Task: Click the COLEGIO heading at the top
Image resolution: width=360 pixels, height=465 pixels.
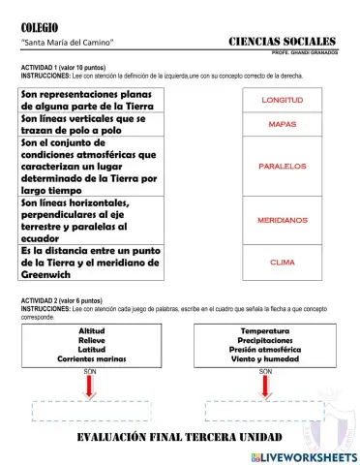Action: (40, 27)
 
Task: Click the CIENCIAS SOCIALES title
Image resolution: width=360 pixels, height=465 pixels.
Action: (283, 42)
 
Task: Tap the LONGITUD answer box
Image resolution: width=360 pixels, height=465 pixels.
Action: (283, 100)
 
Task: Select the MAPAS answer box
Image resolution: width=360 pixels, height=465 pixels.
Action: (283, 125)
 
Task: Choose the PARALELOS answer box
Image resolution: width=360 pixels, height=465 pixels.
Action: (283, 166)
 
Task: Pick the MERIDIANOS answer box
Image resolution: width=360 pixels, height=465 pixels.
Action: (283, 222)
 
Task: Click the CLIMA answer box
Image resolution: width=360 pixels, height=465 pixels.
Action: (283, 263)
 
